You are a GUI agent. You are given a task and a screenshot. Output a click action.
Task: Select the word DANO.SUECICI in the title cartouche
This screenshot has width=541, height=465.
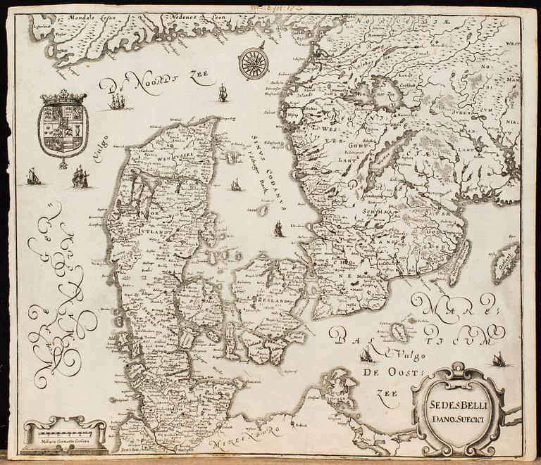pos(456,420)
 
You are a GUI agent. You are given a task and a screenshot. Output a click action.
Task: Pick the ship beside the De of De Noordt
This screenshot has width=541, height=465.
pos(116,103)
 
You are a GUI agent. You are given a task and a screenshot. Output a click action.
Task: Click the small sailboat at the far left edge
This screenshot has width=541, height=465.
pos(33,177)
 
